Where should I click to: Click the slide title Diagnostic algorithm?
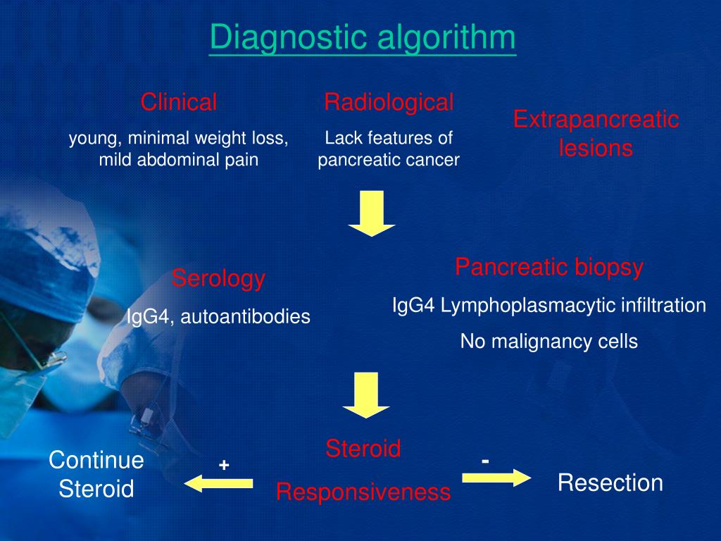(x=363, y=38)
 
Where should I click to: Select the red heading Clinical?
(x=179, y=102)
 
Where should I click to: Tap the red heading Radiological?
(x=389, y=102)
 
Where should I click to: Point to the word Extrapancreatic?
(x=596, y=119)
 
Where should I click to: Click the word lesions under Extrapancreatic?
(x=596, y=149)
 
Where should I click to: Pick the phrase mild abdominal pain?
(x=179, y=160)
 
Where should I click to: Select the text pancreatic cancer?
(x=389, y=160)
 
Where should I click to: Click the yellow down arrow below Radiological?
(x=372, y=213)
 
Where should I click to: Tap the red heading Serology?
(x=218, y=279)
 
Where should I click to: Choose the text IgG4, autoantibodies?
(x=218, y=316)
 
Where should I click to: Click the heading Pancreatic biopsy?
(x=549, y=267)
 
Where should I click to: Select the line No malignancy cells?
(x=549, y=342)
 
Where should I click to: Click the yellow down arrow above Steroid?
(x=366, y=395)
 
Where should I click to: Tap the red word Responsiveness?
(x=363, y=492)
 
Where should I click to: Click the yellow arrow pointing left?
(x=218, y=483)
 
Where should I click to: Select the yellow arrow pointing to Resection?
(x=496, y=478)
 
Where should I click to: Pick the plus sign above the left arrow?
(x=225, y=466)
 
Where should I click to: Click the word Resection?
(x=610, y=483)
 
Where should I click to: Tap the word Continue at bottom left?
(x=96, y=461)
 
